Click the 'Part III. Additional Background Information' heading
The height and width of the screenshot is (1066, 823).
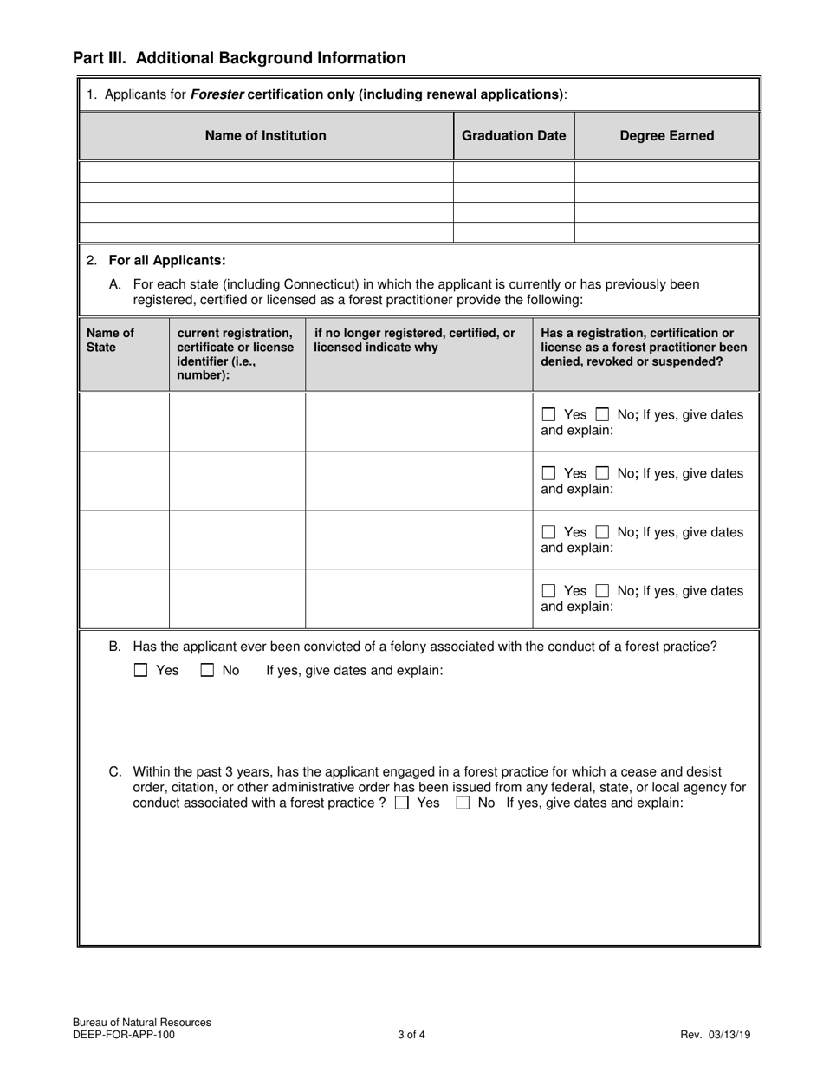coord(239,58)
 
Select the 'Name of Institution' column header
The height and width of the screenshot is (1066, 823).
coord(266,135)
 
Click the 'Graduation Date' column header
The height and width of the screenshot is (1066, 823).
coord(514,135)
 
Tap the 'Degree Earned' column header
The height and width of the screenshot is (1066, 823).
coord(667,135)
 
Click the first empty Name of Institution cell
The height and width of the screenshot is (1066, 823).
coord(266,172)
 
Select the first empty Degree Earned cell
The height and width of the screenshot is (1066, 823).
coord(667,172)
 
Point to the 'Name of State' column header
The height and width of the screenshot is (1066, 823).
coord(111,340)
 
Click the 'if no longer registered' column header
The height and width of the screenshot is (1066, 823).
coord(414,340)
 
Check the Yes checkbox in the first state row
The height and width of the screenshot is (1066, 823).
coord(548,415)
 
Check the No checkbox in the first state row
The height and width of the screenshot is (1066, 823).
coord(602,415)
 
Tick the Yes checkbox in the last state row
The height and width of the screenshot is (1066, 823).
coord(548,591)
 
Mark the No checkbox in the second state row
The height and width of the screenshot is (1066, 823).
coord(602,474)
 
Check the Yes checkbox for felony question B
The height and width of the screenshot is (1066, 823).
coord(141,670)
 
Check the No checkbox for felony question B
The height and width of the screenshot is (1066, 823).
coord(208,670)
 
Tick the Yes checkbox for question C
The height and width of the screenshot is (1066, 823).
coord(401,803)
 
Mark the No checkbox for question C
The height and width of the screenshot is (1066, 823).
coord(463,803)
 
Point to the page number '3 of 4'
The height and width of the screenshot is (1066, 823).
coord(411,1034)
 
